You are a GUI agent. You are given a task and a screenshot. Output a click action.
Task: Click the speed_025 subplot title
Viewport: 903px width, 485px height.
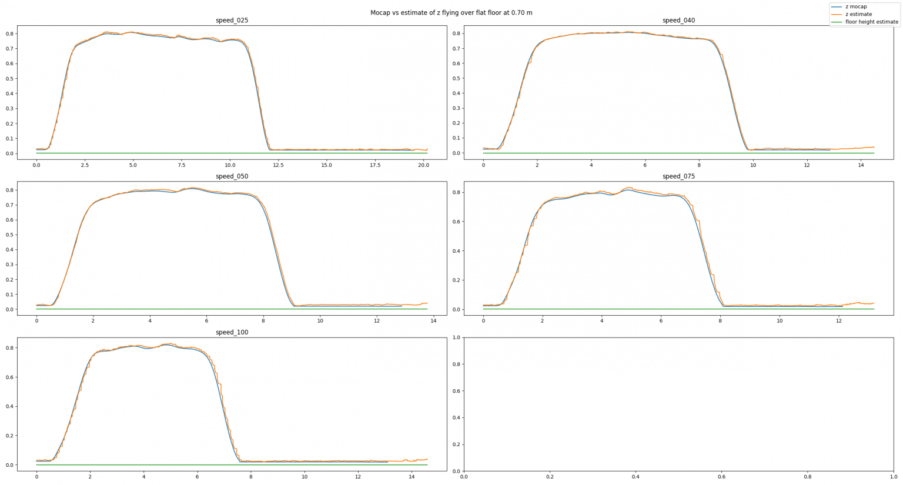tap(232, 21)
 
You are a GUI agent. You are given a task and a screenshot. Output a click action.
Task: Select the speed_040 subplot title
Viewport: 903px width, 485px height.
tap(678, 21)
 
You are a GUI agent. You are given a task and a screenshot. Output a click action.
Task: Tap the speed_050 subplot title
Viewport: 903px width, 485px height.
tap(232, 176)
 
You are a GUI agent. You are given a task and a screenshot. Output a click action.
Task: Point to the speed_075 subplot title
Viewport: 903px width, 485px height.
tap(678, 176)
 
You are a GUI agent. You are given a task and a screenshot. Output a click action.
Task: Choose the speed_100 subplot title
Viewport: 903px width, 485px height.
tap(232, 332)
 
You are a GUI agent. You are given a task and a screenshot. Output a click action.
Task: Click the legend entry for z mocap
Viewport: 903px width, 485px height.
tap(856, 6)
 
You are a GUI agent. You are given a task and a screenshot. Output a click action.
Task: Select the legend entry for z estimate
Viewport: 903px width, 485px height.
tap(858, 14)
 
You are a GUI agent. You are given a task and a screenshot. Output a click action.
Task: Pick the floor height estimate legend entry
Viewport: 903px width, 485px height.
tap(871, 22)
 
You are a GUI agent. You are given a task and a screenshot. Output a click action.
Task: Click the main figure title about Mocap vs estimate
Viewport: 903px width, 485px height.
tap(451, 12)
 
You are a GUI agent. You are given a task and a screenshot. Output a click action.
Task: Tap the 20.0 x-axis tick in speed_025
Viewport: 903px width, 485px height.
tap(423, 165)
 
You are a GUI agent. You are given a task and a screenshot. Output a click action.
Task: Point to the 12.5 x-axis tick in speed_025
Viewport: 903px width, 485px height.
tap(278, 165)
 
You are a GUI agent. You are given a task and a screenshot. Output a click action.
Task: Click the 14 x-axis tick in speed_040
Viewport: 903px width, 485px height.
tap(861, 165)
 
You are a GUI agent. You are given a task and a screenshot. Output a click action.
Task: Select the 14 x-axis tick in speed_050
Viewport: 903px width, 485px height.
tap(433, 321)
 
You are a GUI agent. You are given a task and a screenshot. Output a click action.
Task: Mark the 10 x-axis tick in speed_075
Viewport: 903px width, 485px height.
tap(780, 321)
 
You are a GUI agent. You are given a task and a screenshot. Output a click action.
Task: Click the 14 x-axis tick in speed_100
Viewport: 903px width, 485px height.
tap(412, 477)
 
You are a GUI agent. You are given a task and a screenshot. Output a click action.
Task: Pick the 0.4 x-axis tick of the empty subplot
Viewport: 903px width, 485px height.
tap(636, 477)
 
